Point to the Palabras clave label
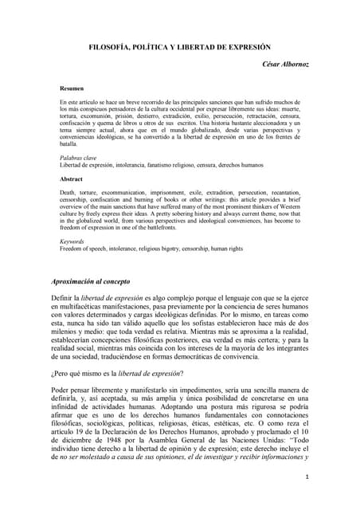(x=77, y=158)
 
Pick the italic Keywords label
(x=72, y=241)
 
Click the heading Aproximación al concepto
(x=102, y=282)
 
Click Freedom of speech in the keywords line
(x=84, y=248)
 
